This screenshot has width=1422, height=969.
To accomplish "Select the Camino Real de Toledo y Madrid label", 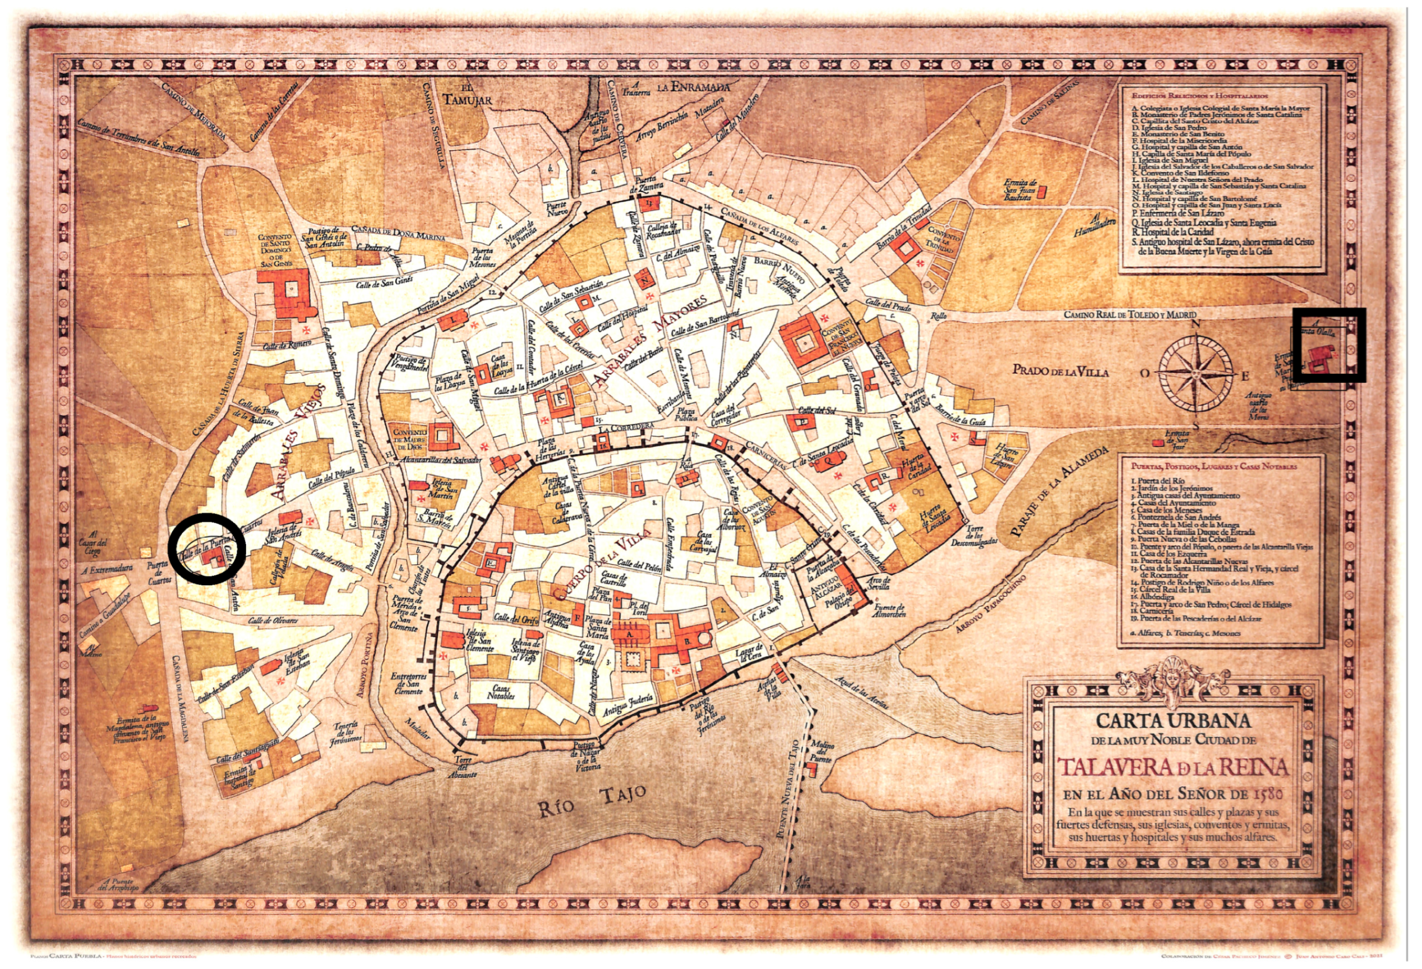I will [1129, 314].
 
